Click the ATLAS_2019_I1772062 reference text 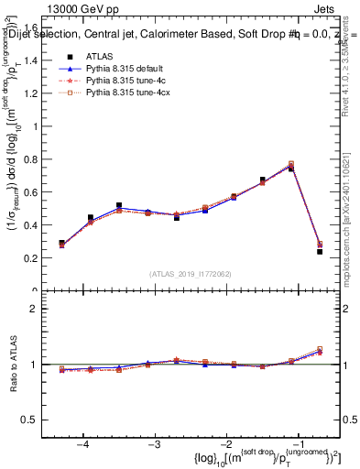pyautogui.click(x=189, y=274)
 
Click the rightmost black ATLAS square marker pyautogui.click(x=320, y=251)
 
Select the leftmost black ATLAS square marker pyautogui.click(x=61, y=244)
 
